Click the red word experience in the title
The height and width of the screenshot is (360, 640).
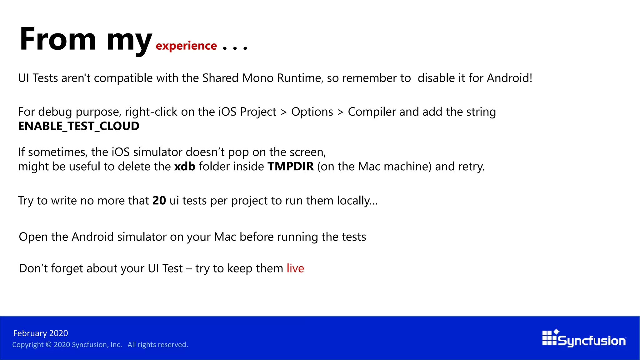(x=186, y=46)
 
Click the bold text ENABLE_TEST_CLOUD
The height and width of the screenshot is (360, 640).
(x=79, y=126)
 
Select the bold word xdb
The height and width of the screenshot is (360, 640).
(x=185, y=166)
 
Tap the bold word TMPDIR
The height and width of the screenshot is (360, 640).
(x=291, y=166)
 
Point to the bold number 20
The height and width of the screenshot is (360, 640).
(x=159, y=200)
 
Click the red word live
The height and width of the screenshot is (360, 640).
(x=295, y=268)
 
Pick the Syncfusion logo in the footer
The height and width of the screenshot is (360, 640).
(x=584, y=339)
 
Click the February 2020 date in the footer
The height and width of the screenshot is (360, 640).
(x=41, y=333)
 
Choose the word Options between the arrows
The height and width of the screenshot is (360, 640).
(x=312, y=112)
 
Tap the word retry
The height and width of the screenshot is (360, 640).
(x=472, y=166)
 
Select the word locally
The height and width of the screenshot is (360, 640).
(x=357, y=201)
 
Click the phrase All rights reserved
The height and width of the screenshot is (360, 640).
(x=158, y=345)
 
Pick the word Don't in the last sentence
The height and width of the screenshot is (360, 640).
(x=33, y=268)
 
